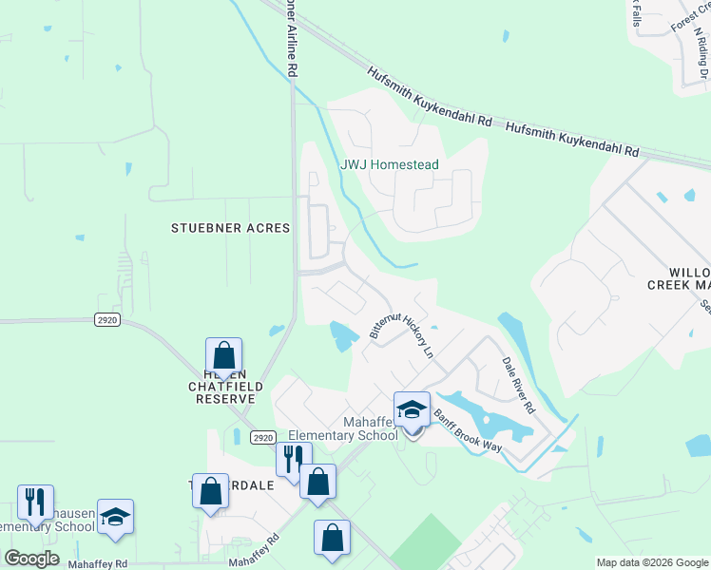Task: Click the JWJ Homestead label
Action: coord(390,164)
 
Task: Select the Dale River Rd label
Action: coord(519,385)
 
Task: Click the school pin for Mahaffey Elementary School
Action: coord(412,410)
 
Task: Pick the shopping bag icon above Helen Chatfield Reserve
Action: coord(223,356)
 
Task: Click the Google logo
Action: coord(31,558)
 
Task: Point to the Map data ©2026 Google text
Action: coord(652,562)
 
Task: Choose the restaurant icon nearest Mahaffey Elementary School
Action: coord(294,460)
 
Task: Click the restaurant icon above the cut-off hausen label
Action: coord(35,503)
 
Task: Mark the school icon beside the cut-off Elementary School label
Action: coord(115,518)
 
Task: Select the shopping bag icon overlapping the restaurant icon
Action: coord(317,482)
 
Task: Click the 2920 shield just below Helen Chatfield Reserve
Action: coord(264,437)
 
